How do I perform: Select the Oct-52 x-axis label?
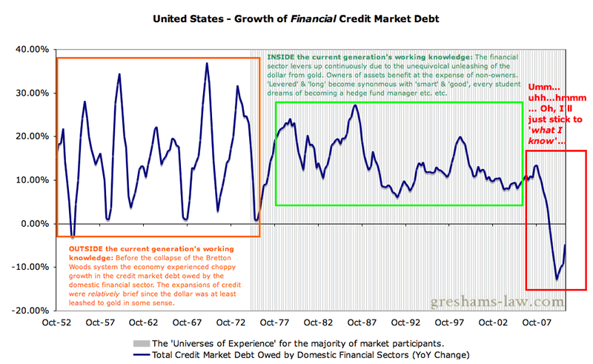point(56,323)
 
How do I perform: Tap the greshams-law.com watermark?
point(494,302)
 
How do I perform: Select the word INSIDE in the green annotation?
point(283,57)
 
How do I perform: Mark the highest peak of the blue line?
point(207,63)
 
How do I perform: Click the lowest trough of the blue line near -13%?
point(557,279)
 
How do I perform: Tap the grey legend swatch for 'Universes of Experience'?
point(140,344)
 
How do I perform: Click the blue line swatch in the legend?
point(140,355)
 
